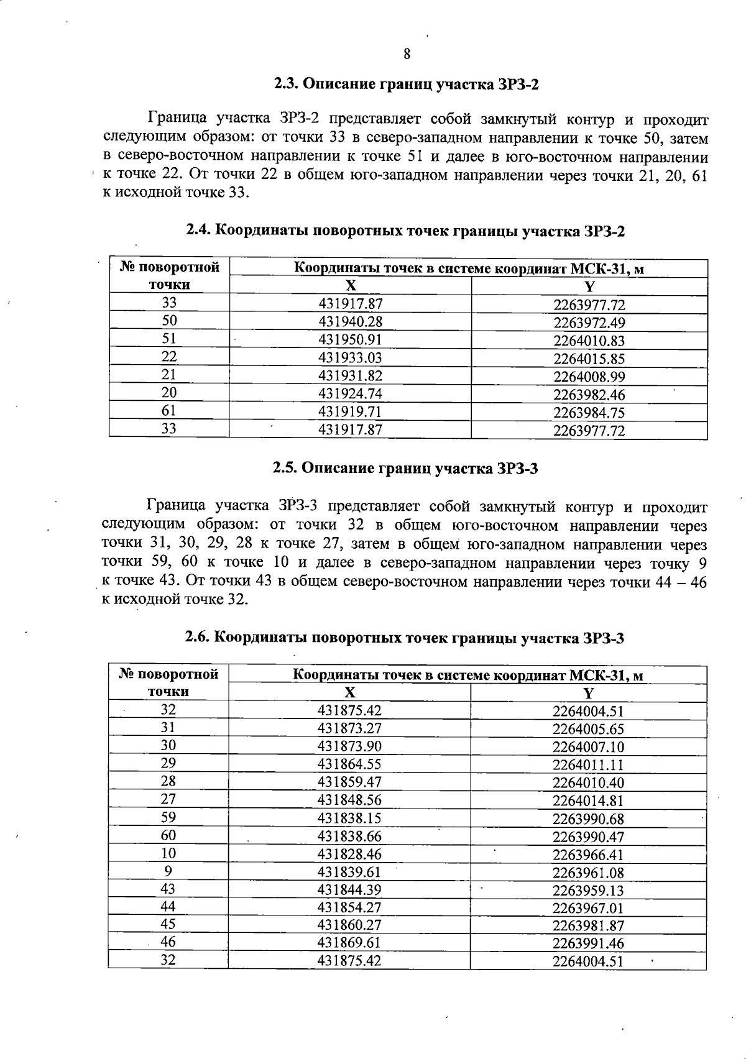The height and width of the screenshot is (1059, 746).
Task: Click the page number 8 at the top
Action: (407, 54)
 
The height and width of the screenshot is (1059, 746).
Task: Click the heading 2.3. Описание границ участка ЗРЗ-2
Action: (406, 84)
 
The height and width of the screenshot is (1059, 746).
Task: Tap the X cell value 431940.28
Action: (350, 321)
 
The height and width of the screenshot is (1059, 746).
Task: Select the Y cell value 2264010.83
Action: (589, 341)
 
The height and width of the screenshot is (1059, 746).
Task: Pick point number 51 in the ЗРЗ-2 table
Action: (169, 339)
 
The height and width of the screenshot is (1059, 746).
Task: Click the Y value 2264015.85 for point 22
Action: (589, 359)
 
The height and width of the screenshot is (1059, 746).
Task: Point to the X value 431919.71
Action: (350, 411)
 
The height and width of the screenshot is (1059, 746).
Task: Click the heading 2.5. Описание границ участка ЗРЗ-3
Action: (405, 469)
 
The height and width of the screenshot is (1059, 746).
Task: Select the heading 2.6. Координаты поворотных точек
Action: (405, 638)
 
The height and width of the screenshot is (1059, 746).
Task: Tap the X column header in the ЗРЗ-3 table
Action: (350, 692)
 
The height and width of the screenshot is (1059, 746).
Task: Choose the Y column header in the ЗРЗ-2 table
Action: (589, 286)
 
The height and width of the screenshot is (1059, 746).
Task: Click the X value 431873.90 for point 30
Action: (349, 746)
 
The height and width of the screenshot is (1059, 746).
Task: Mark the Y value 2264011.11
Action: (588, 764)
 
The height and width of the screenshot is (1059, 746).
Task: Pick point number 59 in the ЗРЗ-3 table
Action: (168, 817)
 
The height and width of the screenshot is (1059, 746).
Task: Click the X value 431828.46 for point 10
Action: (349, 853)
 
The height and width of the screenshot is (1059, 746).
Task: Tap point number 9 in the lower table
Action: (168, 871)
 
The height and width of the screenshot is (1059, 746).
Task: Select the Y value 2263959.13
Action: (588, 890)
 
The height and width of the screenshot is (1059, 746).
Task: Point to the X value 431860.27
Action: (349, 925)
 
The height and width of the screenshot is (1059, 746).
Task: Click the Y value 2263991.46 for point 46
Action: (588, 943)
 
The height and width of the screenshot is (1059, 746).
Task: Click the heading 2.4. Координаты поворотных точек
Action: (405, 231)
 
